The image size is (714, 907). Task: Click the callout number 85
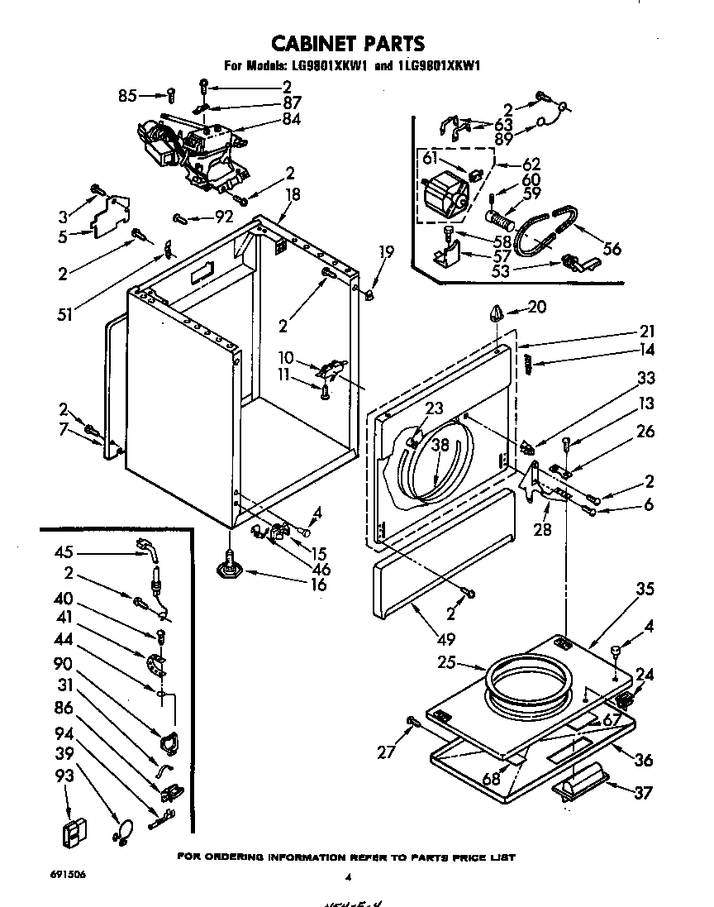coord(126,95)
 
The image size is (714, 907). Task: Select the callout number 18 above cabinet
coord(292,195)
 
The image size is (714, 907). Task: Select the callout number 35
coord(645,589)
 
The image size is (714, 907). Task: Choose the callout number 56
coord(612,248)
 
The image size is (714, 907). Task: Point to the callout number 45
coord(64,553)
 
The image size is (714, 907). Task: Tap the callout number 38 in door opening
coord(440,443)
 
